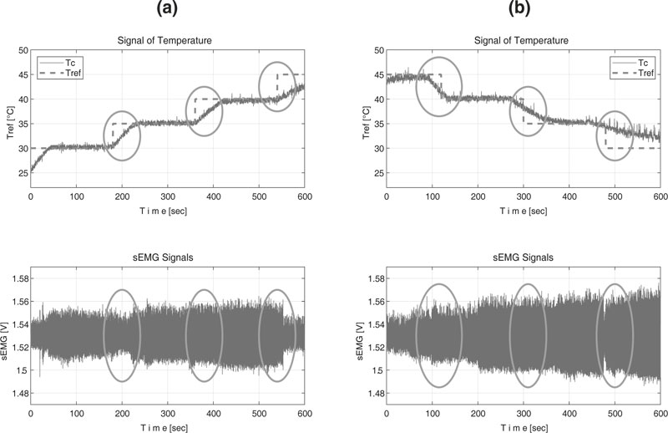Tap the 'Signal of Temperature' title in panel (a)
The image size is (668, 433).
point(168,40)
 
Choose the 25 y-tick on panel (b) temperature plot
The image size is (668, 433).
point(377,173)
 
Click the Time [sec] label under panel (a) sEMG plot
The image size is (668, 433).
point(168,426)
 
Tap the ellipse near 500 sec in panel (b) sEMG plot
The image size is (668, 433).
point(615,335)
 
